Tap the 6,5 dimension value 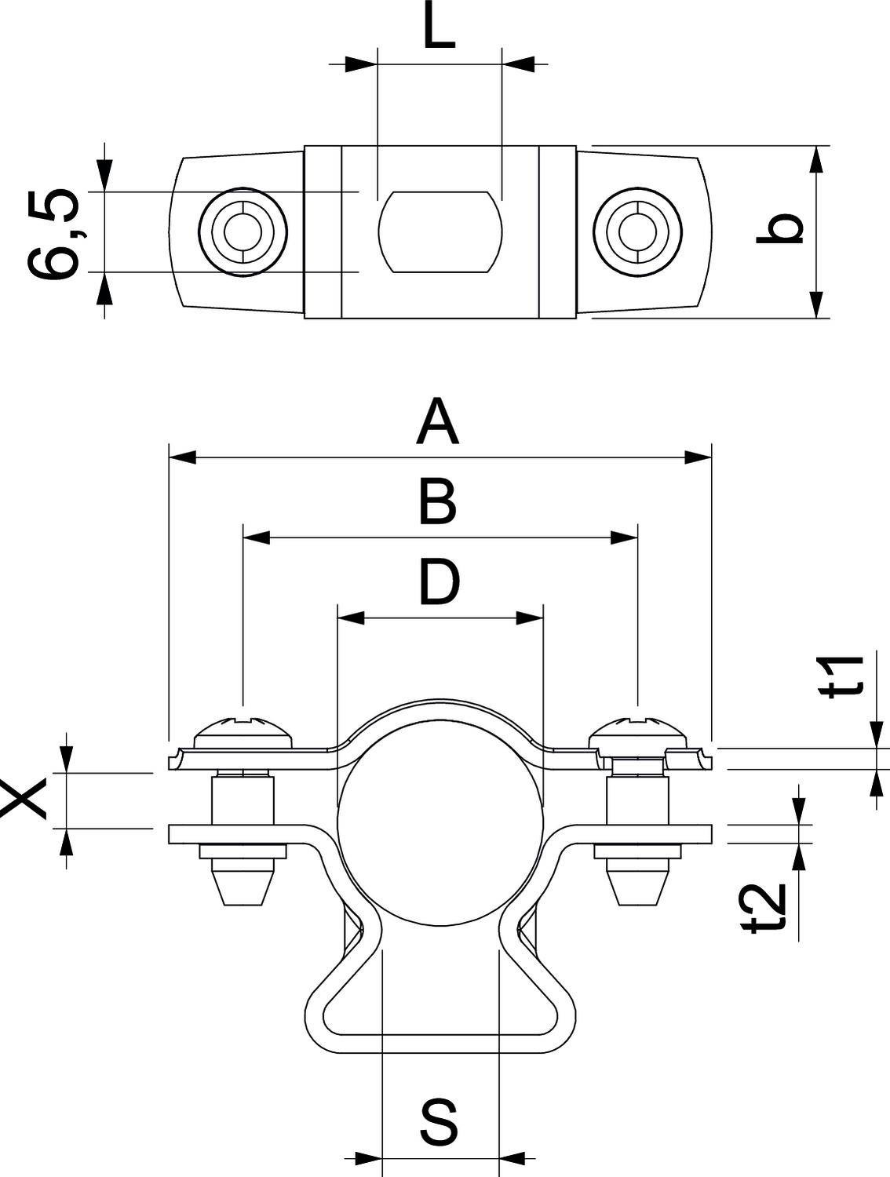(x=53, y=233)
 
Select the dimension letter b (x=780, y=228)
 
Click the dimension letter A (x=437, y=421)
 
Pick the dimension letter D (x=440, y=581)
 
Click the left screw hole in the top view (x=243, y=232)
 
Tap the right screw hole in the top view (x=637, y=232)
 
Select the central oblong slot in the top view (x=440, y=232)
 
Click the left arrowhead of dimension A (x=182, y=458)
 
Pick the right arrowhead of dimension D (x=530, y=618)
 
